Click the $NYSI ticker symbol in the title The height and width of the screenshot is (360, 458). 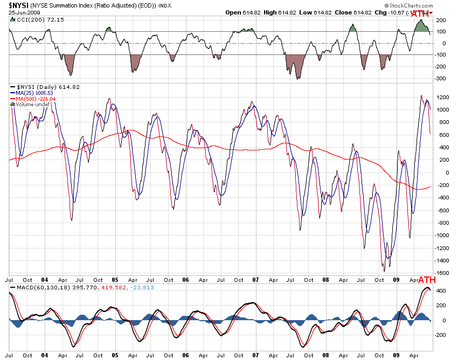[20, 5]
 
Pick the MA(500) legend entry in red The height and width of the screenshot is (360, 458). [36, 99]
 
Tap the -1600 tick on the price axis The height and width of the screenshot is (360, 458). [442, 273]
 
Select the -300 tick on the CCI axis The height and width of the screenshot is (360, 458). [441, 79]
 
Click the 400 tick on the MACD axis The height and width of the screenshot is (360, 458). [441, 291]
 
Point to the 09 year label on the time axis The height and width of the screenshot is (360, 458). [397, 280]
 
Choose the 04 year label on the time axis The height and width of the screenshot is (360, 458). [45, 280]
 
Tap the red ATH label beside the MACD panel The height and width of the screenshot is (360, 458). [427, 281]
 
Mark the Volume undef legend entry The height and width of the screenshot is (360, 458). [31, 105]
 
